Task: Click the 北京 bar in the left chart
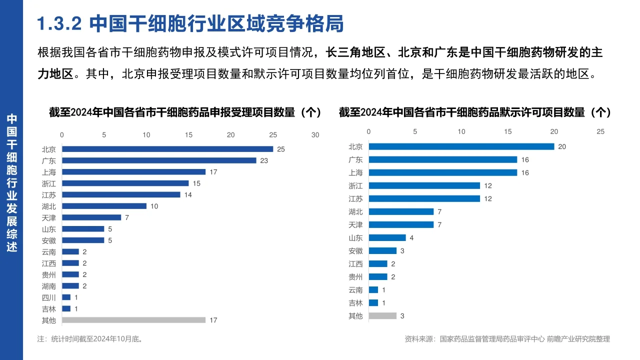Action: tap(167, 149)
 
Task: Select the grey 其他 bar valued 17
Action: tap(133, 320)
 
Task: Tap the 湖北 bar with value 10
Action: tap(104, 206)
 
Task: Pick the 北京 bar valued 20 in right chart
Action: tap(461, 146)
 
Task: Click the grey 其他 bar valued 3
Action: tap(382, 315)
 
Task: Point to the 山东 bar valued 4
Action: tap(387, 238)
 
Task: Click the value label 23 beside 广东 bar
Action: tap(264, 160)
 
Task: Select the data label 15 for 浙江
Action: tap(196, 183)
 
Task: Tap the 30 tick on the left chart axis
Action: tap(315, 135)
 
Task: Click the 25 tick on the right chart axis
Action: tap(600, 131)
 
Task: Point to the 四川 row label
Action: tap(49, 297)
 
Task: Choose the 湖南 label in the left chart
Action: tap(49, 286)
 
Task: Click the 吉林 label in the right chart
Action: tap(355, 303)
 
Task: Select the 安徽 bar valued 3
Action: tap(382, 251)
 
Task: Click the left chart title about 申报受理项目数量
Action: tap(185, 112)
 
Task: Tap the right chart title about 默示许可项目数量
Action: tap(474, 112)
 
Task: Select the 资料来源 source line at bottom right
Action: tap(507, 339)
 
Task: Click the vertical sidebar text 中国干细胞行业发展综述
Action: tap(11, 183)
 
